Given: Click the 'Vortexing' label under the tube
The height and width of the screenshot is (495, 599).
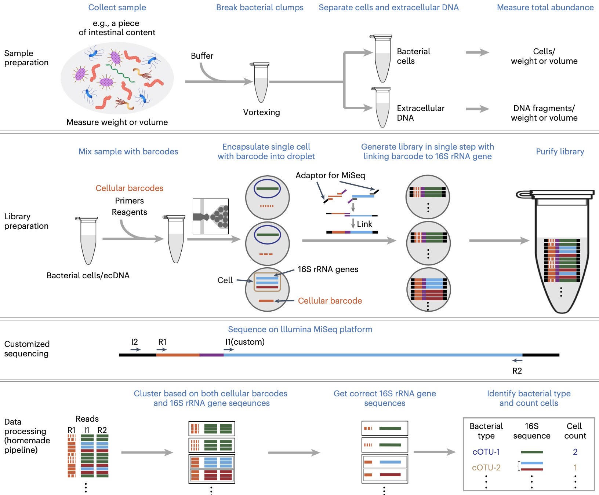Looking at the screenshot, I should pos(261,112).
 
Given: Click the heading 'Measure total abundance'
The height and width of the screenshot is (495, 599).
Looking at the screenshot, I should pos(545,7).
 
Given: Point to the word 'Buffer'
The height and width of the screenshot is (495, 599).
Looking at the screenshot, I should pos(202,56).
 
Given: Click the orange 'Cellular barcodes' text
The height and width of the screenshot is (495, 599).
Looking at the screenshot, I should pos(129,188).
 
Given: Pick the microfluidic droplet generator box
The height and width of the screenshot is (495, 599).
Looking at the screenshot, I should pos(211,216).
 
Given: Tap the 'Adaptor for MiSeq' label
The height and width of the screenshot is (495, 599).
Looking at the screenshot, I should pos(330,175).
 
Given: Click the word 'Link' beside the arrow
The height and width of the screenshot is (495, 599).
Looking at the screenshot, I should pos(364,224).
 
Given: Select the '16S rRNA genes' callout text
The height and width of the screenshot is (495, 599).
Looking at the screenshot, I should pos(328,269).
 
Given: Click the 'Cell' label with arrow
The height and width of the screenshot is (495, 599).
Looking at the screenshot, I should pos(225,280).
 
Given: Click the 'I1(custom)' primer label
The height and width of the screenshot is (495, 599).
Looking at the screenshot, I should pos(245,342).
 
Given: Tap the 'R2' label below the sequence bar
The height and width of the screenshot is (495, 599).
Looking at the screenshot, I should pos(517,371).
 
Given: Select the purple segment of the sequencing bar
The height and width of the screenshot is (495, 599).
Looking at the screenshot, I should pos(211,355).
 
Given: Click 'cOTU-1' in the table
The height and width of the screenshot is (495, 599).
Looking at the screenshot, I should pos(486,452).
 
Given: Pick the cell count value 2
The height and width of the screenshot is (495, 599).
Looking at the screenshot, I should pos(575,452).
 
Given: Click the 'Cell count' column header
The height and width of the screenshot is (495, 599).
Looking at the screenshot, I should pos(575,431).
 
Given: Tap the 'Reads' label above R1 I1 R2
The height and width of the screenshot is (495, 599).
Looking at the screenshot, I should pos(87,419).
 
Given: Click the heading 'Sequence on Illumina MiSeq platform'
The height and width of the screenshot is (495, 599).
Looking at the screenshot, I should pos(300,329).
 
